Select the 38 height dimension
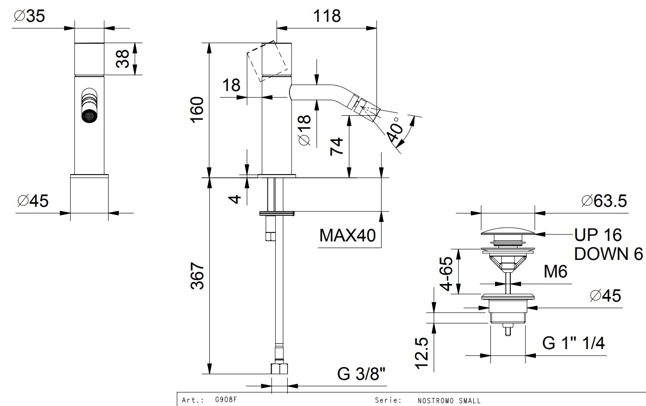pos(123,59)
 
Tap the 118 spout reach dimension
pos(328,16)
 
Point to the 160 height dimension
pos(197,110)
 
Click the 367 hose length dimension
pos(197,277)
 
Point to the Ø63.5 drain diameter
pos(603,201)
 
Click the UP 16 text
pos(598,234)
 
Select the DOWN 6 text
pos(608,254)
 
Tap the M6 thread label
pos(555,272)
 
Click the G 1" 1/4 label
pos(573,343)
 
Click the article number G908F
pos(226,400)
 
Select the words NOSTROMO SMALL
pos(449,400)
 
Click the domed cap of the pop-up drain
pos(507,231)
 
